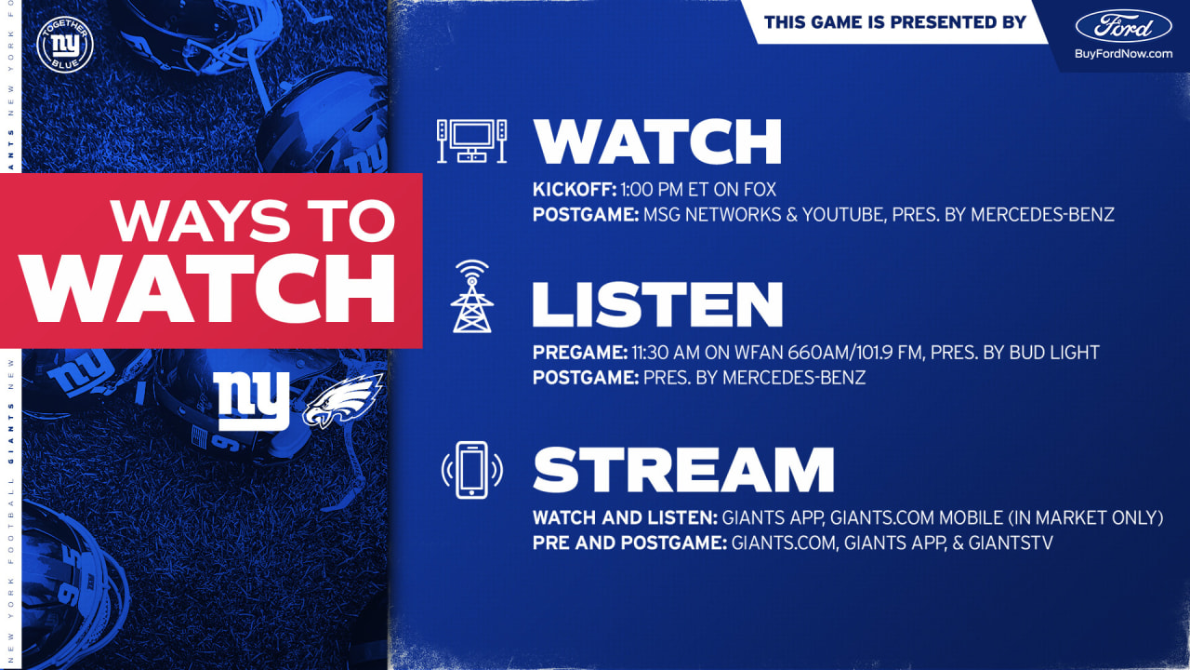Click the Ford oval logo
point(1124,26)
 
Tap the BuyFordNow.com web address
point(1123,54)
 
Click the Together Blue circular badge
point(65,44)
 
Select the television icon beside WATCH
point(471,141)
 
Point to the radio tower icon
point(471,296)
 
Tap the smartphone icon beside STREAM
point(471,470)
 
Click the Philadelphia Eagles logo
point(343,400)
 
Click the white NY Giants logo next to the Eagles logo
point(251,401)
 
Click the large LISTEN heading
point(657,304)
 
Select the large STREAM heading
point(683,470)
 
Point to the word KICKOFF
point(575,189)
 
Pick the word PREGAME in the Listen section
point(580,352)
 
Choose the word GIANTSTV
point(1011,543)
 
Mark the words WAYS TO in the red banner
point(253,221)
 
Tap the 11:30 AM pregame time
point(666,352)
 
